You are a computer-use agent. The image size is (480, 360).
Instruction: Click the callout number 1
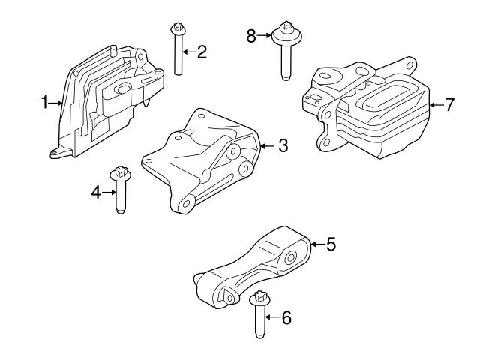pos(44,102)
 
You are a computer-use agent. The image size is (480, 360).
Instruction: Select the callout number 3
pos(282,145)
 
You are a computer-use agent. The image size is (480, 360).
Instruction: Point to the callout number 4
pos(96,193)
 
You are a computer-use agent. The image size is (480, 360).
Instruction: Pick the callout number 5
pos(331,244)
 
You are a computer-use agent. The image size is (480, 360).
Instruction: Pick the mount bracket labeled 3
pos(202,161)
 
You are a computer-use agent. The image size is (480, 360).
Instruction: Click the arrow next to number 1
pos(56,103)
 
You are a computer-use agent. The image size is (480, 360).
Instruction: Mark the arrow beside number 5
pos(316,244)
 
